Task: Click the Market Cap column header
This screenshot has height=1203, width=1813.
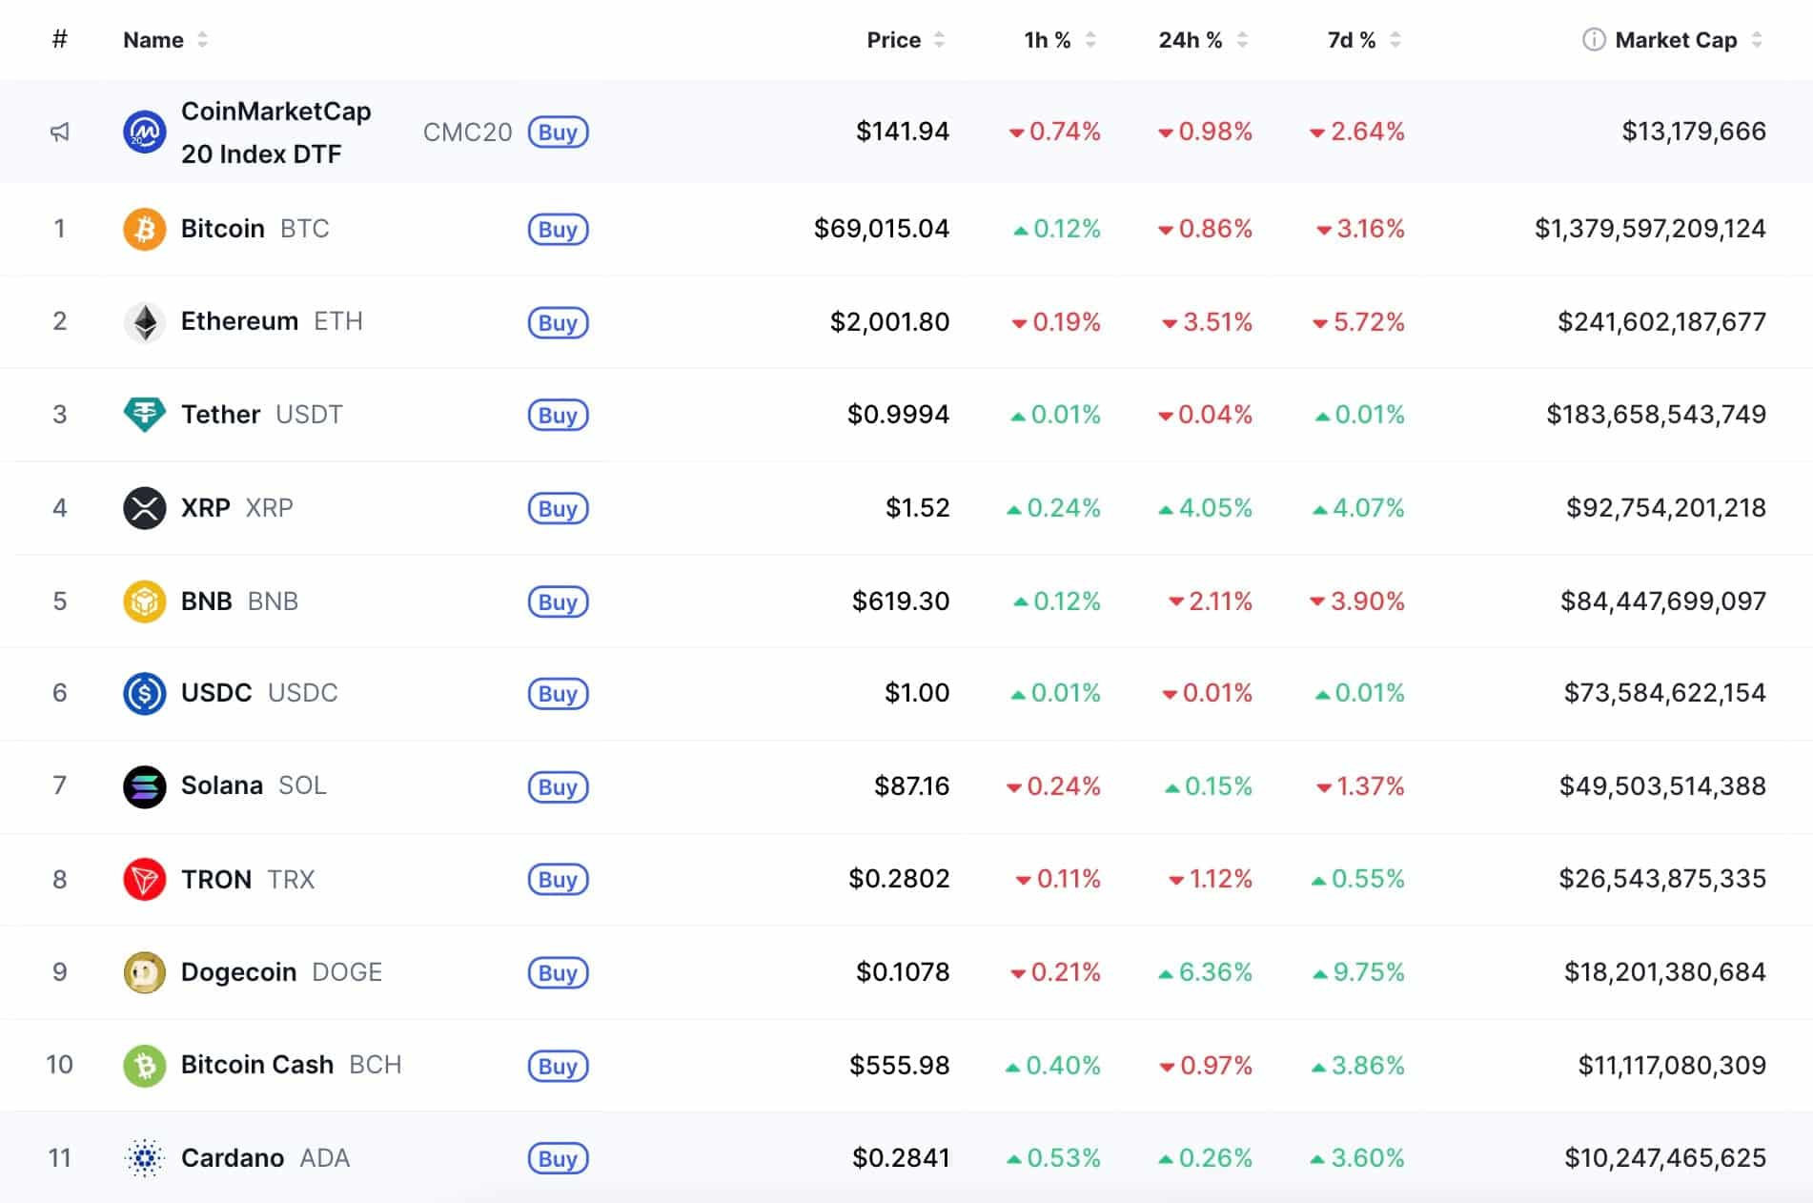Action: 1675,40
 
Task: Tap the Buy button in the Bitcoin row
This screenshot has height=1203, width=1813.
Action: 558,229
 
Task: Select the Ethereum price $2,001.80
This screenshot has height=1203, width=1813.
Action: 888,322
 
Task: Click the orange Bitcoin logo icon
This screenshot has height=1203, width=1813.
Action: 145,229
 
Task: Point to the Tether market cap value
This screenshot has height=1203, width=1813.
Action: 1656,415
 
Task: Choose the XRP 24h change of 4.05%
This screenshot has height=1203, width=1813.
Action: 1206,508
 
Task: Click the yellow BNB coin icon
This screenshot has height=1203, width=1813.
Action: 145,601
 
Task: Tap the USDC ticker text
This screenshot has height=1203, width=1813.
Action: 302,693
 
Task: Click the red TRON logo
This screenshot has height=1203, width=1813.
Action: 145,879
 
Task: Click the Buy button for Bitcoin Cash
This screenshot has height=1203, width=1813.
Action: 558,1066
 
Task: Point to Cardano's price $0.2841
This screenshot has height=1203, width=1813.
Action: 900,1158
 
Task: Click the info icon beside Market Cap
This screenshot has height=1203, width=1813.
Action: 1593,40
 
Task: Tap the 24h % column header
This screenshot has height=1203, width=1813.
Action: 1190,40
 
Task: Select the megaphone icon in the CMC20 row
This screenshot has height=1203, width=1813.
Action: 60,132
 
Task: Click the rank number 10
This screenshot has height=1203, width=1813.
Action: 59,1065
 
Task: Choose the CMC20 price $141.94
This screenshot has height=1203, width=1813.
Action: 902,132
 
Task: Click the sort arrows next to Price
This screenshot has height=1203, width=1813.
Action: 940,40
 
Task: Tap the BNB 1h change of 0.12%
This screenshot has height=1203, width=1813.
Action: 1057,601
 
